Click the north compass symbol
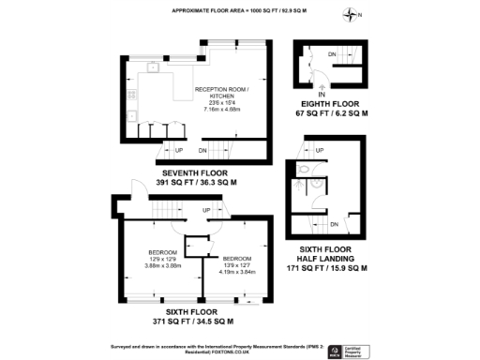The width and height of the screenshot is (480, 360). click(x=352, y=14)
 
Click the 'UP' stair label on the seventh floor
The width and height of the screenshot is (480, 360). click(x=178, y=148)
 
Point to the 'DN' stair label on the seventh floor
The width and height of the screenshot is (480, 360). click(x=203, y=148)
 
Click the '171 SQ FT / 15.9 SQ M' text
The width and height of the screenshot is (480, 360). click(x=325, y=268)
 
